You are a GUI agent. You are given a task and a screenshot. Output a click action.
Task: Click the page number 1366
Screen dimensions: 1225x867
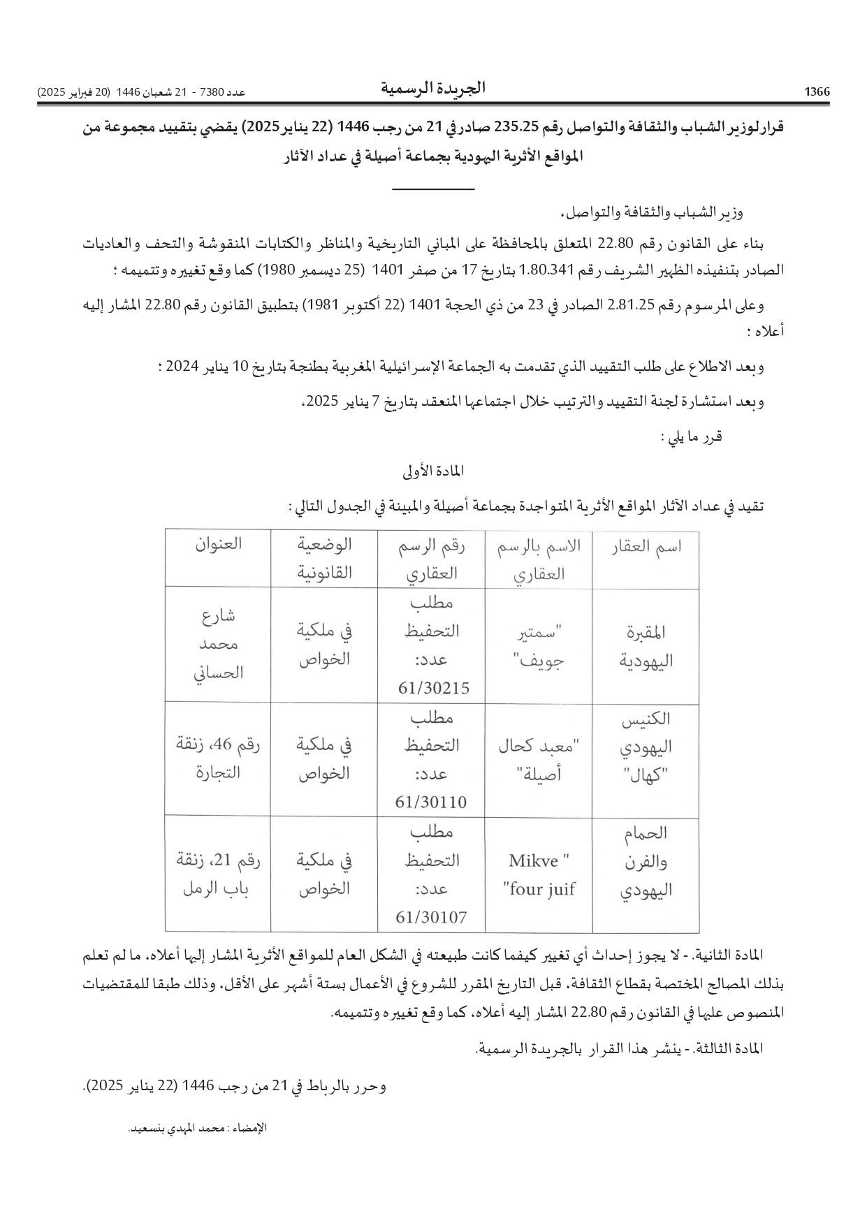tap(816, 92)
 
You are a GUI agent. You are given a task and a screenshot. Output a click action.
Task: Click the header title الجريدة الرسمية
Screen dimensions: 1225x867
tap(433, 89)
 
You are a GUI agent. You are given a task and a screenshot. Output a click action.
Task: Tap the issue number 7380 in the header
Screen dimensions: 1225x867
tap(211, 92)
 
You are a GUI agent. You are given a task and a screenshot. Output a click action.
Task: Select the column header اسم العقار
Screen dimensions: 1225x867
tap(646, 547)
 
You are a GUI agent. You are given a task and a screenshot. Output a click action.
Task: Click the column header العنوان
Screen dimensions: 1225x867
tap(219, 544)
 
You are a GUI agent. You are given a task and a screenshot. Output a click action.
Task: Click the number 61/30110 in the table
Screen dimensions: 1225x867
tap(431, 802)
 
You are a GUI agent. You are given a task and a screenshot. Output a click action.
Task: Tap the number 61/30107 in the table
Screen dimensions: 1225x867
tap(431, 916)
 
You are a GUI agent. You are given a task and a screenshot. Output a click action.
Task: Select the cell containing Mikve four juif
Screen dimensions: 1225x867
tap(539, 875)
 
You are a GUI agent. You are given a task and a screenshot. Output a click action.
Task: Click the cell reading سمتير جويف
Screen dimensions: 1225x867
tap(539, 645)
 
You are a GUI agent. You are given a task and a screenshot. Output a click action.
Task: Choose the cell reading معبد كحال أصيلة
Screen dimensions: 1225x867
tap(539, 760)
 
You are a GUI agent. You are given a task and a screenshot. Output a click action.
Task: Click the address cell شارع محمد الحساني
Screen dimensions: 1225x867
tap(219, 644)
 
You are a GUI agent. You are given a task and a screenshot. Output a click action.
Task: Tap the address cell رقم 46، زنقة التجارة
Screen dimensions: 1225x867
tap(219, 758)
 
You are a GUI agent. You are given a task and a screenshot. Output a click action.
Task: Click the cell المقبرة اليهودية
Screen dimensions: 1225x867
tap(646, 645)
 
